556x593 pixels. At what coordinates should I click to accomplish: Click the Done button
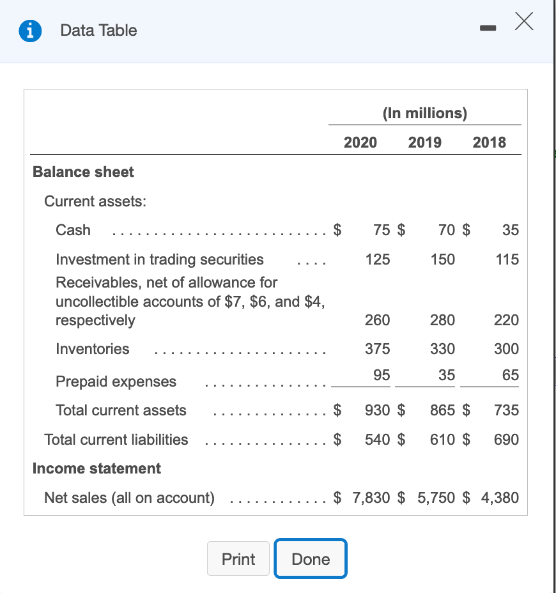(x=311, y=559)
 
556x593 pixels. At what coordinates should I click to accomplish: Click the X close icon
(x=523, y=23)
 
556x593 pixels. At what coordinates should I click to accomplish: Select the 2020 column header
(x=360, y=142)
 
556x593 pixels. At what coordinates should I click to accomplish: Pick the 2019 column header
(x=424, y=142)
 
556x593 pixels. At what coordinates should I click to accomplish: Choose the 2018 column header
(x=490, y=142)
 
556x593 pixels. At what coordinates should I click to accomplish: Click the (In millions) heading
(x=425, y=113)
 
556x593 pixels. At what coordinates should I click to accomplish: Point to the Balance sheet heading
(x=83, y=172)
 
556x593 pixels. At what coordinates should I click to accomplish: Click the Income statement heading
(x=97, y=468)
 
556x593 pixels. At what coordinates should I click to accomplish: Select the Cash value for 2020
(x=382, y=230)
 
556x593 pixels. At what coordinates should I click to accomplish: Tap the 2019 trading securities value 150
(x=443, y=259)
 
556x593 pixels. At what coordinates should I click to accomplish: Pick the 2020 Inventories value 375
(x=378, y=349)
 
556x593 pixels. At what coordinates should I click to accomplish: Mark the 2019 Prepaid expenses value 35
(x=447, y=375)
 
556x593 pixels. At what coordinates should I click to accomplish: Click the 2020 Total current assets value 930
(x=378, y=410)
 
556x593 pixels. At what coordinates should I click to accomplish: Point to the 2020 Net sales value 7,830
(x=371, y=498)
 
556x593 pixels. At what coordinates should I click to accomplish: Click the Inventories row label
(x=93, y=349)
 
